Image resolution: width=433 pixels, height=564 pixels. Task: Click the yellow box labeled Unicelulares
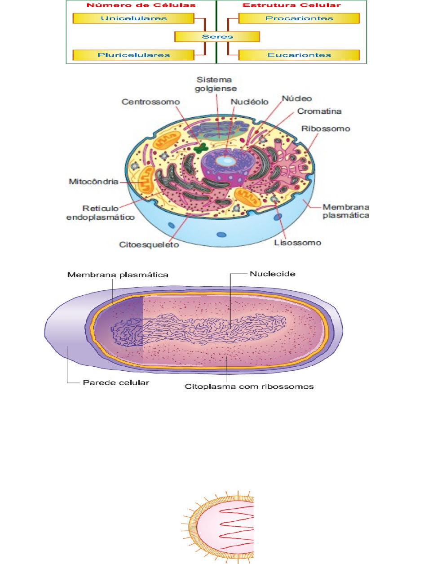coord(133,18)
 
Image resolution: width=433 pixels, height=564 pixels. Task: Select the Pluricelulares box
coord(133,55)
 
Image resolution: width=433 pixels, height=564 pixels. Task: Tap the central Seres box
coord(217,36)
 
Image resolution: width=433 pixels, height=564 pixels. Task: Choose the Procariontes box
coord(299,18)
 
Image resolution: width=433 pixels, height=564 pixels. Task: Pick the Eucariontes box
coord(299,55)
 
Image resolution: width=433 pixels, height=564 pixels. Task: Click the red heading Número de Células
coord(141,5)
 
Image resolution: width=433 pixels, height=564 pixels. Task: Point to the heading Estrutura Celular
coord(292,5)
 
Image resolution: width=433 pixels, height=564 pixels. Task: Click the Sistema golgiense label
coord(216,84)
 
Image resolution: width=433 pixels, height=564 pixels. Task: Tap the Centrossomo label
coord(150,102)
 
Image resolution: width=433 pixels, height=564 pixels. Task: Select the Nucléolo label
coord(249,102)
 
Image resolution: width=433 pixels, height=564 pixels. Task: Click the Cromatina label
coord(319,111)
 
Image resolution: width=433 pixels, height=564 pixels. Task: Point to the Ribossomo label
coord(326,129)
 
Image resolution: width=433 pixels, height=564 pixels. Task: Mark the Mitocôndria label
coord(93,182)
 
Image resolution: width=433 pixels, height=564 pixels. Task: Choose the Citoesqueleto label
coord(149,244)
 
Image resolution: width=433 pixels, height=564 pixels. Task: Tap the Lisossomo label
coord(297,243)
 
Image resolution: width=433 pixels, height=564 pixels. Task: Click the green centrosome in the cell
coord(201,147)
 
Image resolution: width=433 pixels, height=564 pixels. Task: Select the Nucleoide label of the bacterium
coord(272,274)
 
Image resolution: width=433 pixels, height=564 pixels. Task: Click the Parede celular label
coord(116,382)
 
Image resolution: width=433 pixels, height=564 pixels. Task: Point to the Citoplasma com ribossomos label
coord(249,386)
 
